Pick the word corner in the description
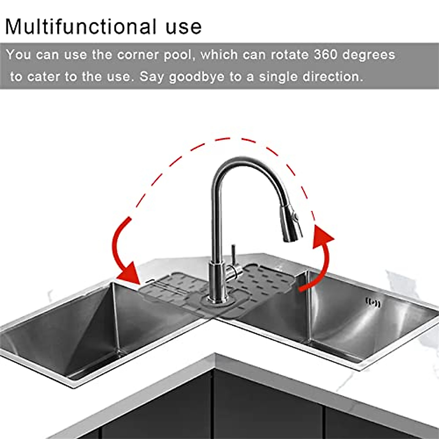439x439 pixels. click(x=138, y=55)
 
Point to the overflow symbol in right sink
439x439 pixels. click(x=373, y=302)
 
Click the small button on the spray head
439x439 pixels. click(x=296, y=219)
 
